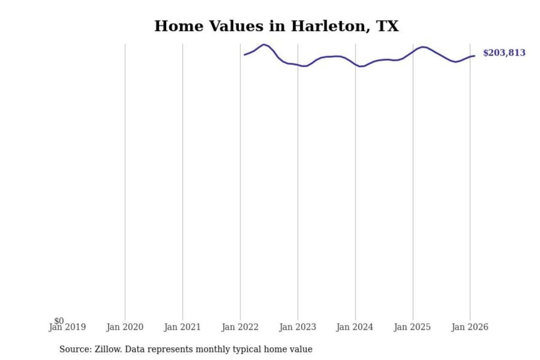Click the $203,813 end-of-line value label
click(504, 53)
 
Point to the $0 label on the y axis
click(59, 321)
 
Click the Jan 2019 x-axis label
click(67, 327)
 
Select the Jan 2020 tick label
click(125, 327)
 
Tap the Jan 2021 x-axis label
click(182, 327)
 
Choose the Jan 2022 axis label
click(240, 327)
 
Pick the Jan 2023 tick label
click(298, 327)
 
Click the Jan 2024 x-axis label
click(355, 327)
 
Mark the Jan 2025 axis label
click(412, 327)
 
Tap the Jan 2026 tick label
click(470, 327)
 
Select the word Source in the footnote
click(75, 349)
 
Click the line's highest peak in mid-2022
click(264, 45)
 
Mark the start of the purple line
click(244, 55)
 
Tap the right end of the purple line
click(474, 56)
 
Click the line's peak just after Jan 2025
click(423, 47)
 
